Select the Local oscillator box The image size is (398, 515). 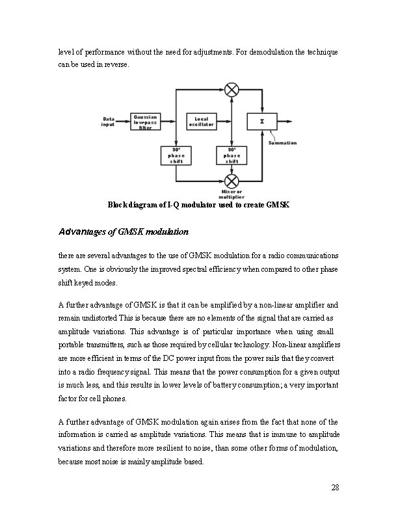pyautogui.click(x=202, y=122)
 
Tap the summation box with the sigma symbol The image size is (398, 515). pyautogui.click(x=262, y=121)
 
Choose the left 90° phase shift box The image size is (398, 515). pyautogui.click(x=177, y=155)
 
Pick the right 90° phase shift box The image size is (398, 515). pyautogui.click(x=232, y=155)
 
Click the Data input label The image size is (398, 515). pyautogui.click(x=109, y=122)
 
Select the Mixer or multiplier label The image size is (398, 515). pyautogui.click(x=232, y=194)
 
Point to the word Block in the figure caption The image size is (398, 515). pyautogui.click(x=119, y=205)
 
